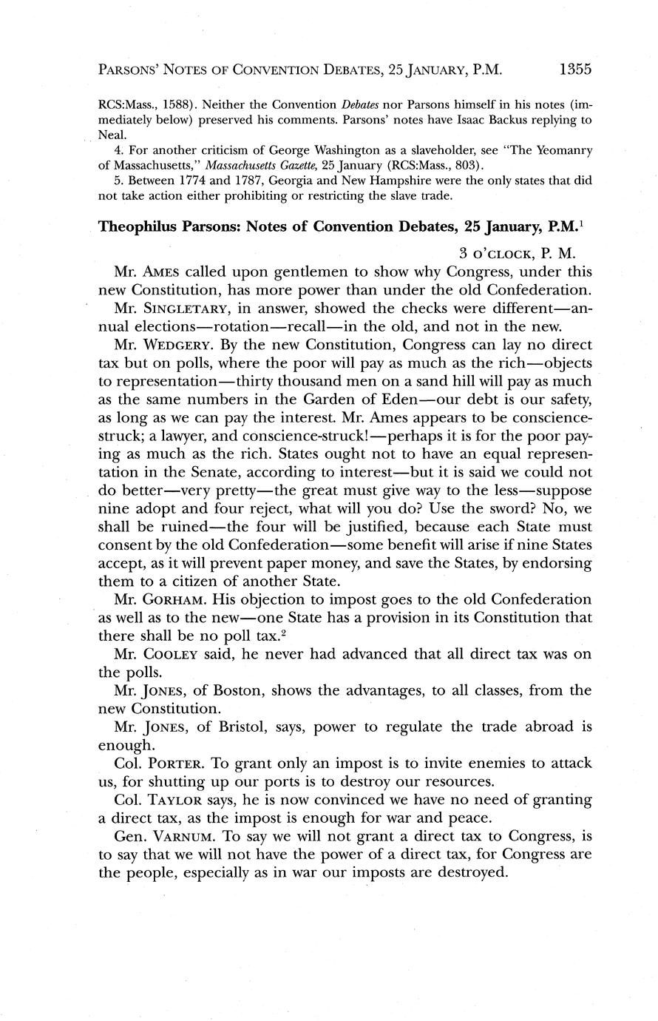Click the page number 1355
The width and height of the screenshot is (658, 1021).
click(576, 70)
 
